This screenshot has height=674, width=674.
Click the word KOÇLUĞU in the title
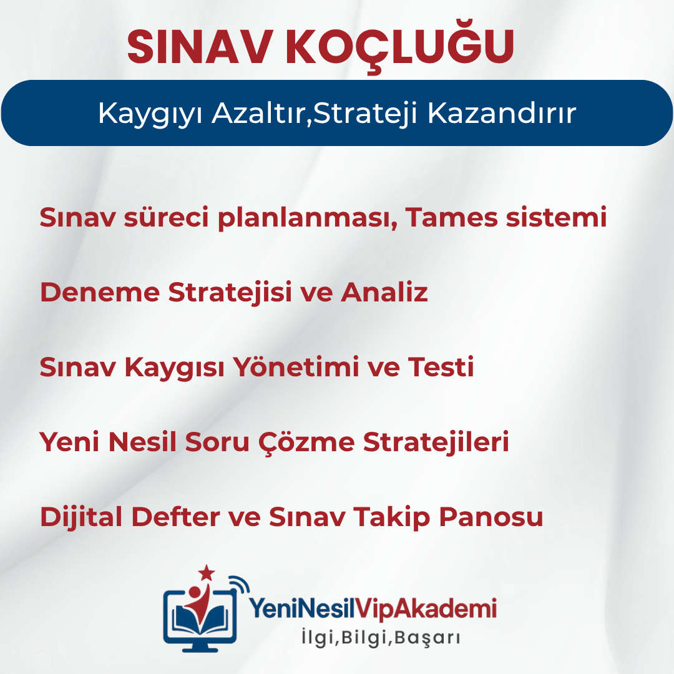399,46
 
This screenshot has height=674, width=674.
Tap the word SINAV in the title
200,47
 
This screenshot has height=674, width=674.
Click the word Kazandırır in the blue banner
501,114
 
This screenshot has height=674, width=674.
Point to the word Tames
451,217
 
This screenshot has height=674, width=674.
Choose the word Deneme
100,292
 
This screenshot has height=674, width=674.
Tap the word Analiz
384,292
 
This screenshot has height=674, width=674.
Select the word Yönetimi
296,367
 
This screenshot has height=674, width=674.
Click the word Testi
441,367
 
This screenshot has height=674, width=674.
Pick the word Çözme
306,442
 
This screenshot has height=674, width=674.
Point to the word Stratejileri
436,442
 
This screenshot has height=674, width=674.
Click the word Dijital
81,517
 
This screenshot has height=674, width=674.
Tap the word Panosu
491,517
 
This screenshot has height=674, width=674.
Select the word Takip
391,517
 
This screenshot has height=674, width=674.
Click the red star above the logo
207,573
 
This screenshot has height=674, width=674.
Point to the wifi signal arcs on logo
239,585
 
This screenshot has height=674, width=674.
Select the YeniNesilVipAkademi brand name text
373,608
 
